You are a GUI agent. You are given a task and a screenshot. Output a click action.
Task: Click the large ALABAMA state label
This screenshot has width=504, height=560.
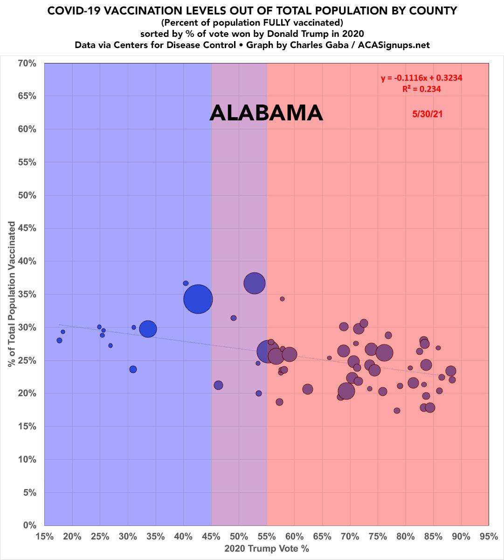coord(266,113)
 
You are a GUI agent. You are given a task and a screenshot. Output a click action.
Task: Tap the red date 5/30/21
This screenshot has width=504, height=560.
coord(427,114)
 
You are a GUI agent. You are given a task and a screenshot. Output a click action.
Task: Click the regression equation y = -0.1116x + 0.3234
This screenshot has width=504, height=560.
coord(421,78)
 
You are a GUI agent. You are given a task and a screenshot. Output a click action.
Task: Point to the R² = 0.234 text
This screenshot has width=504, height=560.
coord(421,89)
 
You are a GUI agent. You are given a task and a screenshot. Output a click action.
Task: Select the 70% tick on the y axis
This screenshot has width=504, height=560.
coord(27,63)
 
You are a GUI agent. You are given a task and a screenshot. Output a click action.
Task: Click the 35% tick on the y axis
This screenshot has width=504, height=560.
coord(27,294)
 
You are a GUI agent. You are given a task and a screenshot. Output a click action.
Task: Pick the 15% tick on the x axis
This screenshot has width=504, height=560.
coord(45,537)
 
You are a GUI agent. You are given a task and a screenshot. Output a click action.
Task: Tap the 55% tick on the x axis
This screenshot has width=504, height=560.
coord(267,537)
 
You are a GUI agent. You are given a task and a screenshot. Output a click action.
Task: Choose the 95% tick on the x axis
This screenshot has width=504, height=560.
coord(489,537)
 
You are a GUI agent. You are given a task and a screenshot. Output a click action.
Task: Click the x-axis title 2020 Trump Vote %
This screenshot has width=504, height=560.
coord(267,549)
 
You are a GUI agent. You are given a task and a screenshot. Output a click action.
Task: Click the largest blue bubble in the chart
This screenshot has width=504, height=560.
coord(198,299)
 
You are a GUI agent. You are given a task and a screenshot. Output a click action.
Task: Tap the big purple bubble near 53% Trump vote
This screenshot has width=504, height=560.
coord(255,283)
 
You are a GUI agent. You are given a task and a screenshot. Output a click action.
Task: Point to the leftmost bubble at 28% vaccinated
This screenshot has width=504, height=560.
coord(59,341)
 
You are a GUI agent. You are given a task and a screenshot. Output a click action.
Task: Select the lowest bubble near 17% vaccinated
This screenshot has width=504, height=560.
coord(397,411)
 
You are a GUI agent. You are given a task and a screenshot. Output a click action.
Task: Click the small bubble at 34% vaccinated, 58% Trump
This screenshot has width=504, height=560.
coord(282,299)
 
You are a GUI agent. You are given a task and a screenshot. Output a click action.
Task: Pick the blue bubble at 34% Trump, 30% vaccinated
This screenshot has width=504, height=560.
coord(148,329)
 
